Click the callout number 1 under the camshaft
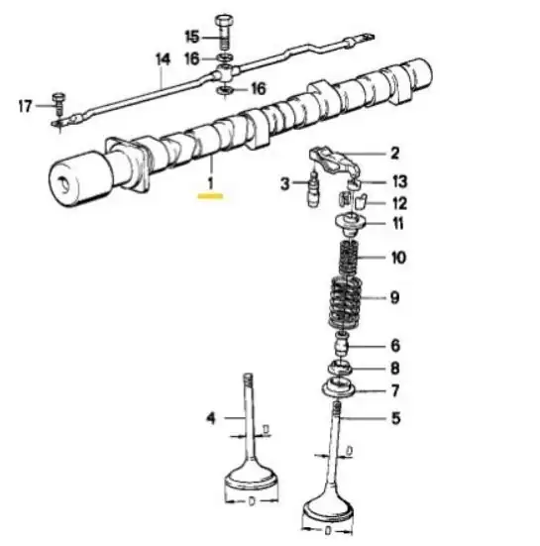[210, 183]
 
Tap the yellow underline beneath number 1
[210, 196]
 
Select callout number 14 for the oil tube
[162, 59]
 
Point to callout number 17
[25, 106]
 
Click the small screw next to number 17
[58, 104]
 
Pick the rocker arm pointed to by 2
[336, 161]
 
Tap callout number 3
[285, 184]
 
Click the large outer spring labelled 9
[346, 303]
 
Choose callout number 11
[398, 223]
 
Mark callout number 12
[399, 203]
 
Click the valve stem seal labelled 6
[342, 344]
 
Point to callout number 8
[395, 368]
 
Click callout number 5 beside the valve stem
[396, 418]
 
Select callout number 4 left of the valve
[211, 417]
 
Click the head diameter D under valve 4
[252, 501]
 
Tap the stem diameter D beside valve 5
[350, 451]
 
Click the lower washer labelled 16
[225, 90]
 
